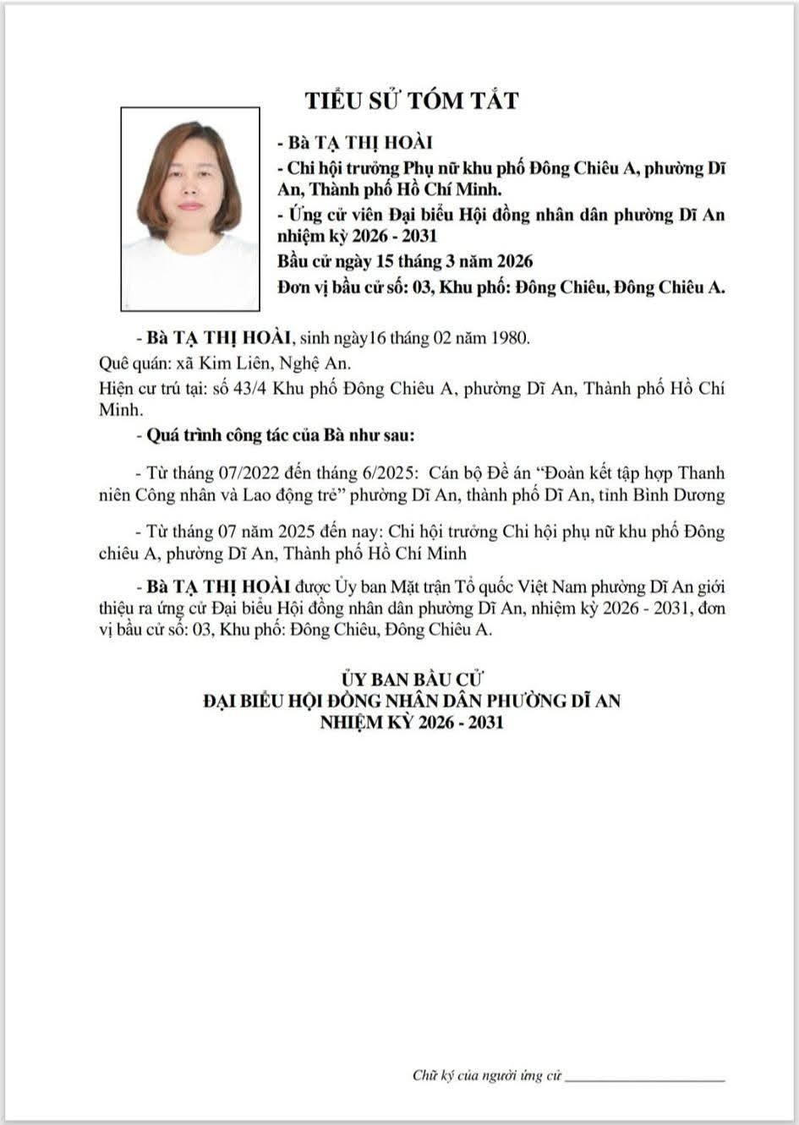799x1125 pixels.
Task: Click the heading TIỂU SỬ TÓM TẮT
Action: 411,101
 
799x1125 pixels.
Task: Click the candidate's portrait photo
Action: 189,208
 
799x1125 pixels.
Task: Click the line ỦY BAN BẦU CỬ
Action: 411,679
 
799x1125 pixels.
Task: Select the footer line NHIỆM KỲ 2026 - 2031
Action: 411,723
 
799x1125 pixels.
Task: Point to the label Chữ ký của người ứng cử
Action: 487,1076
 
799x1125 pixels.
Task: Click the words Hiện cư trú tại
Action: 145,389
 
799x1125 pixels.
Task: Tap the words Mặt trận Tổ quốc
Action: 411,587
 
